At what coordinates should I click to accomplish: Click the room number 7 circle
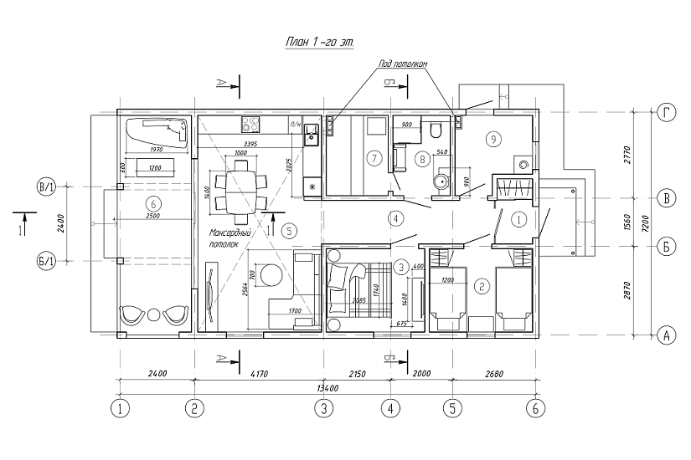tap(374, 156)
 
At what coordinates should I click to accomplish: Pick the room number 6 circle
tap(152, 203)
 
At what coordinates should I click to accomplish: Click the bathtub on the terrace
tap(157, 130)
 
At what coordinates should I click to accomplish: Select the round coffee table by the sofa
tap(272, 274)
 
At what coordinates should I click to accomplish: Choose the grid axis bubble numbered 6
tap(534, 409)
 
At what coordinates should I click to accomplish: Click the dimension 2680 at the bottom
tap(494, 373)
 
